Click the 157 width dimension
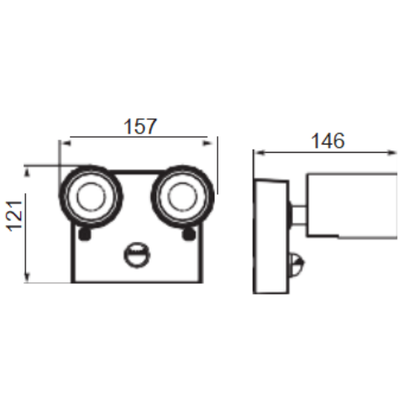point(140,127)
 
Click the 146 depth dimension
point(328,140)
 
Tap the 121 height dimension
point(14,216)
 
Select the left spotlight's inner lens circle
point(92,197)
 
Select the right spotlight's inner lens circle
point(182,197)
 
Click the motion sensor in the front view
point(137,255)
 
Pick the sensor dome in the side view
point(297,264)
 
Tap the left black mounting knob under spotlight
point(85,234)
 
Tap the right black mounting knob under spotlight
point(189,234)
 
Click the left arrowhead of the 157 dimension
point(66,144)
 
